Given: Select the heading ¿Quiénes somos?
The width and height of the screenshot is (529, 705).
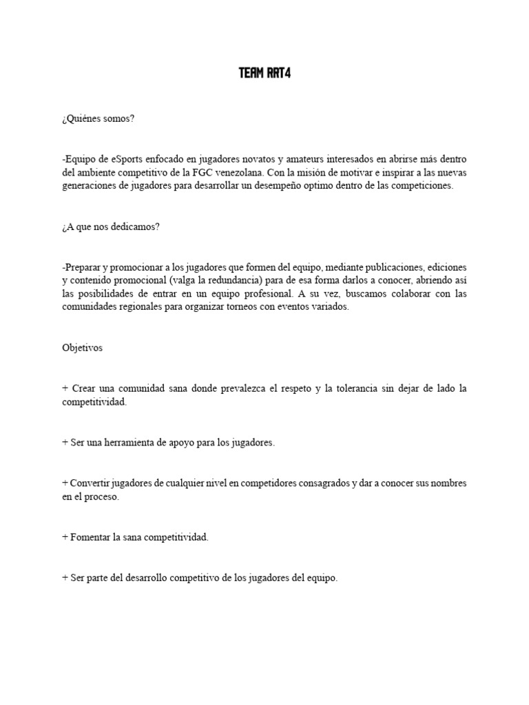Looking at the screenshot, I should tap(98, 119).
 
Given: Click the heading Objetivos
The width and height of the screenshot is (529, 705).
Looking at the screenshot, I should tap(82, 348).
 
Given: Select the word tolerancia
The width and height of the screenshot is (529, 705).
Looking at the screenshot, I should tap(357, 388).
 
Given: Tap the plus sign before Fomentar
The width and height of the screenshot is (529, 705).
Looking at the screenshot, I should tap(65, 537).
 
